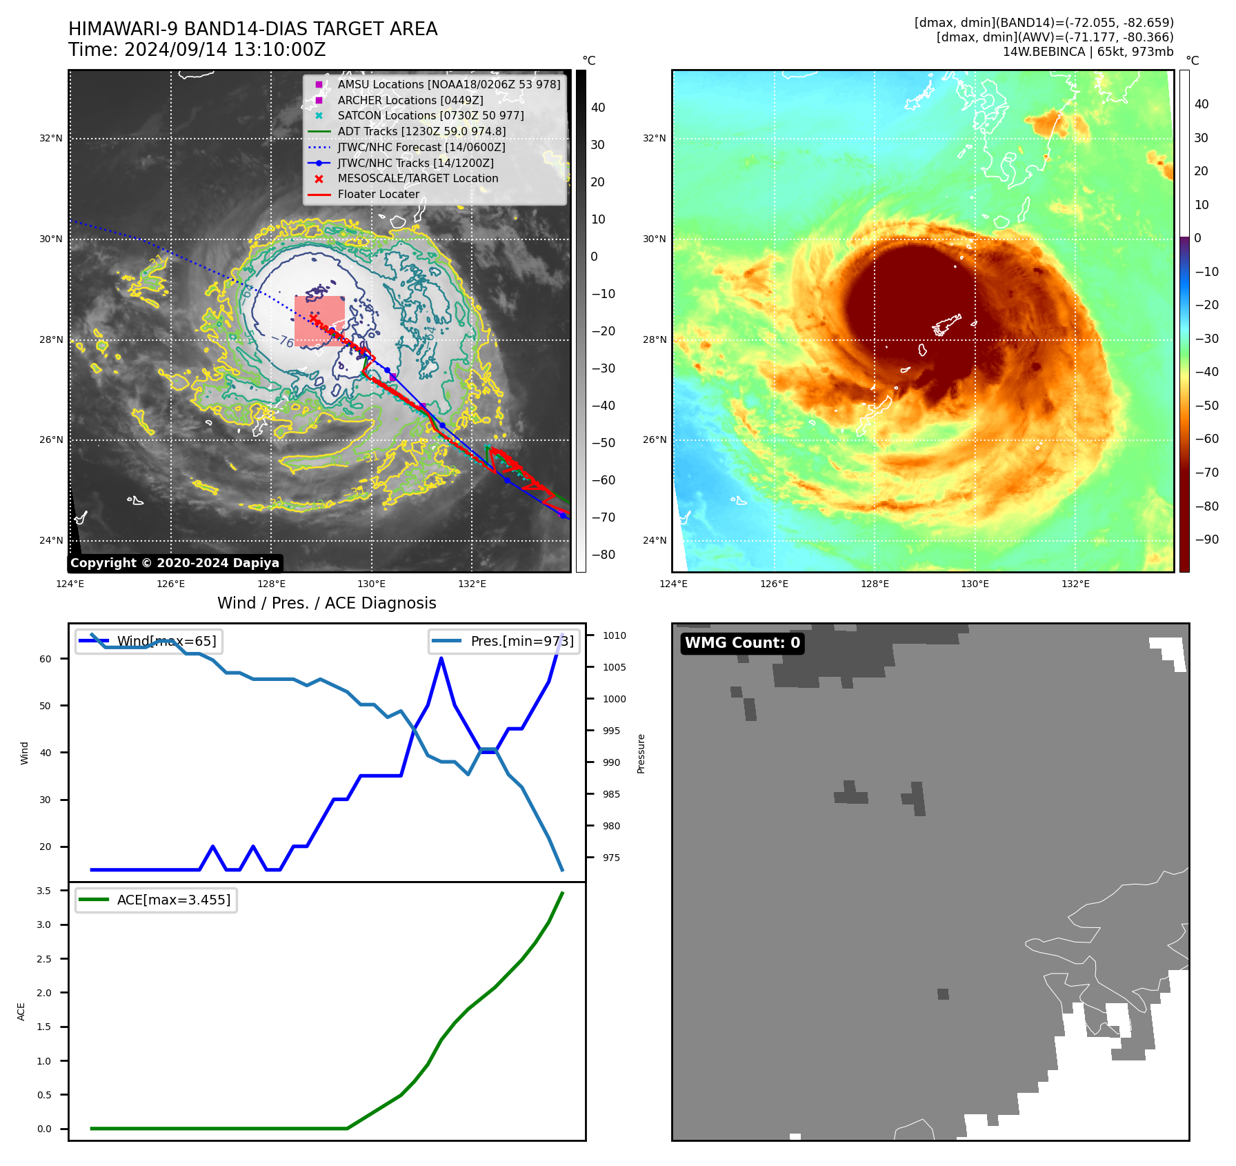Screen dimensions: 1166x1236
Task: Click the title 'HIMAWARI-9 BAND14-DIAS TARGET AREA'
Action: point(252,29)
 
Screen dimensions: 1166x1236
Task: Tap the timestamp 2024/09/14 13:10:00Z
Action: point(197,50)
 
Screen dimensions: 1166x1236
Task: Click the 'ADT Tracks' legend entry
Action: point(421,131)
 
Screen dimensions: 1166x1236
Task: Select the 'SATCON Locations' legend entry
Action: point(430,115)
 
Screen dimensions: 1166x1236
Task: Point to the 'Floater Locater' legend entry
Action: point(378,194)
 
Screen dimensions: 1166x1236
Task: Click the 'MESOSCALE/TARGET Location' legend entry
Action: point(417,178)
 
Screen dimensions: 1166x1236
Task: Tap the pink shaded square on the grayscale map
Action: point(319,321)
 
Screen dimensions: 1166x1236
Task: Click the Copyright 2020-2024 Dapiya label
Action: point(175,563)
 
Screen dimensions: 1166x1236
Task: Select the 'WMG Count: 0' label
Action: point(742,643)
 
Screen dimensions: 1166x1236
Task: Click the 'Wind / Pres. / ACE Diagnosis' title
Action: point(326,603)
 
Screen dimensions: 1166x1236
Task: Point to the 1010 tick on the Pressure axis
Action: point(614,635)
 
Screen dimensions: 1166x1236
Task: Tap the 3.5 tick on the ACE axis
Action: point(44,891)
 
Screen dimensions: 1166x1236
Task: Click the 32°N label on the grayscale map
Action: point(50,138)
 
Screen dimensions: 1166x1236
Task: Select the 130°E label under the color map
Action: point(975,584)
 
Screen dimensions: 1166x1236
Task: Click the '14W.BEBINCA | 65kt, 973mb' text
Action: point(1088,52)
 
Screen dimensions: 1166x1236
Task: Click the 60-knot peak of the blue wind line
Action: point(441,658)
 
